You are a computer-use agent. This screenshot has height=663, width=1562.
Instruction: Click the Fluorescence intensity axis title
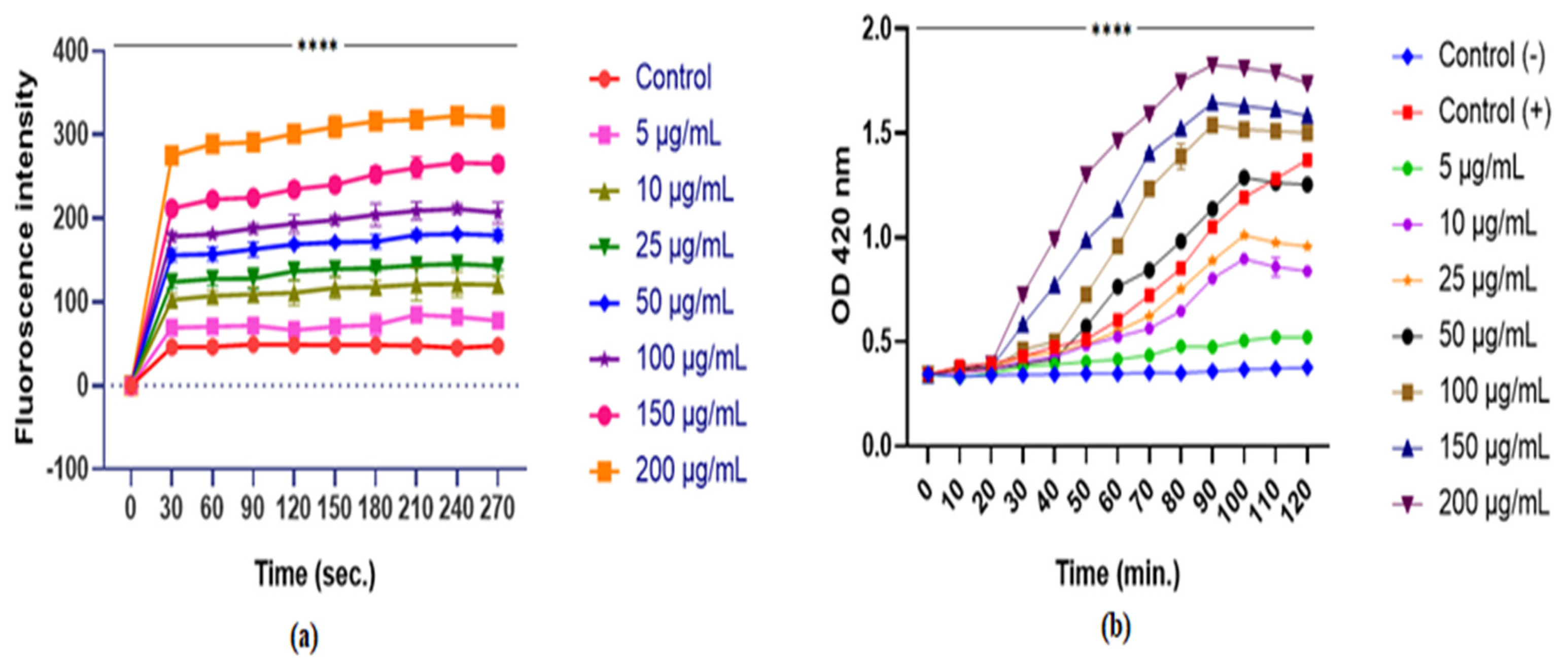point(25,258)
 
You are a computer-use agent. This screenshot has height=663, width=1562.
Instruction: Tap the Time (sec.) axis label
point(315,574)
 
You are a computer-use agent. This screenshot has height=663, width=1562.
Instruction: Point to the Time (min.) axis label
point(1118,574)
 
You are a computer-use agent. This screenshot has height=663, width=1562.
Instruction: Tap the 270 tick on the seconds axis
point(497,507)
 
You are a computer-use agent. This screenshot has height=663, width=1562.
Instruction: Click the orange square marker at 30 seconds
point(171,156)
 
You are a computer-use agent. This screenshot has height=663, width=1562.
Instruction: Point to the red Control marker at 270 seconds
point(498,346)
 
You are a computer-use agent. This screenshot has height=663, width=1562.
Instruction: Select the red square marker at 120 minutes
point(1307,160)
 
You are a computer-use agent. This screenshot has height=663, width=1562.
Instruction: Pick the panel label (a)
point(304,638)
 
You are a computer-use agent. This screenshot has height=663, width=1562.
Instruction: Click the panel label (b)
point(1116,629)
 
